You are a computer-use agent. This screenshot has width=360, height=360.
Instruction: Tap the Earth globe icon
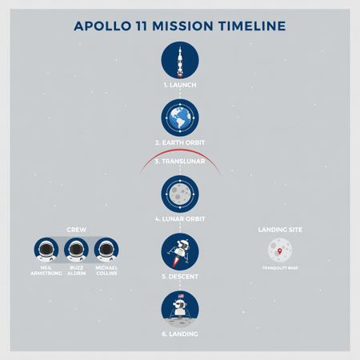pyautogui.click(x=180, y=118)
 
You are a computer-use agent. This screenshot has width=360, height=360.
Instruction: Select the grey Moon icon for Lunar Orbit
pyautogui.click(x=180, y=193)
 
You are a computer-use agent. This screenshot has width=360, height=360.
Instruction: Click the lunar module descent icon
pyautogui.click(x=180, y=251)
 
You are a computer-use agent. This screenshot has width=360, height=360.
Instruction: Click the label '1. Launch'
pyautogui.click(x=180, y=84)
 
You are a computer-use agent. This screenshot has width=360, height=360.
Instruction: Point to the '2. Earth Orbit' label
pyautogui.click(x=180, y=142)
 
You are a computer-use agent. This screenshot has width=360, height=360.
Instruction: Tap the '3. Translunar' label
pyautogui.click(x=180, y=162)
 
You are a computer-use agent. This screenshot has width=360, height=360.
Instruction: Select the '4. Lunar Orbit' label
pyautogui.click(x=180, y=218)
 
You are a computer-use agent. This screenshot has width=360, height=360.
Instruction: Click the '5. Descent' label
pyautogui.click(x=180, y=276)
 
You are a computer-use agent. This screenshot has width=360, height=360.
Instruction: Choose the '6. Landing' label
pyautogui.click(x=180, y=334)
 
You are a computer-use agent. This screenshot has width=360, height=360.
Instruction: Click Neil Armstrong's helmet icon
pyautogui.click(x=47, y=251)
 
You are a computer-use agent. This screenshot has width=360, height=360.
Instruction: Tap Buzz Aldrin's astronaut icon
pyautogui.click(x=77, y=251)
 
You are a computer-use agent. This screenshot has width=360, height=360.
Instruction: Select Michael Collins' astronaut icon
pyautogui.click(x=106, y=251)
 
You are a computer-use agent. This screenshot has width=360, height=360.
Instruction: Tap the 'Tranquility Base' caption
pyautogui.click(x=278, y=268)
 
